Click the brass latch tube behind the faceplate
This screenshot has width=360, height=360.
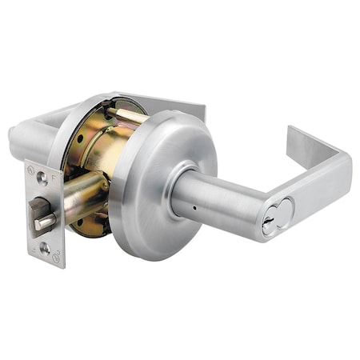(84, 196)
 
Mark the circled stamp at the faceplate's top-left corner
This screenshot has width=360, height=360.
(31, 170)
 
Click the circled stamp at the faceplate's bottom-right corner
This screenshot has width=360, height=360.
(56, 258)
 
